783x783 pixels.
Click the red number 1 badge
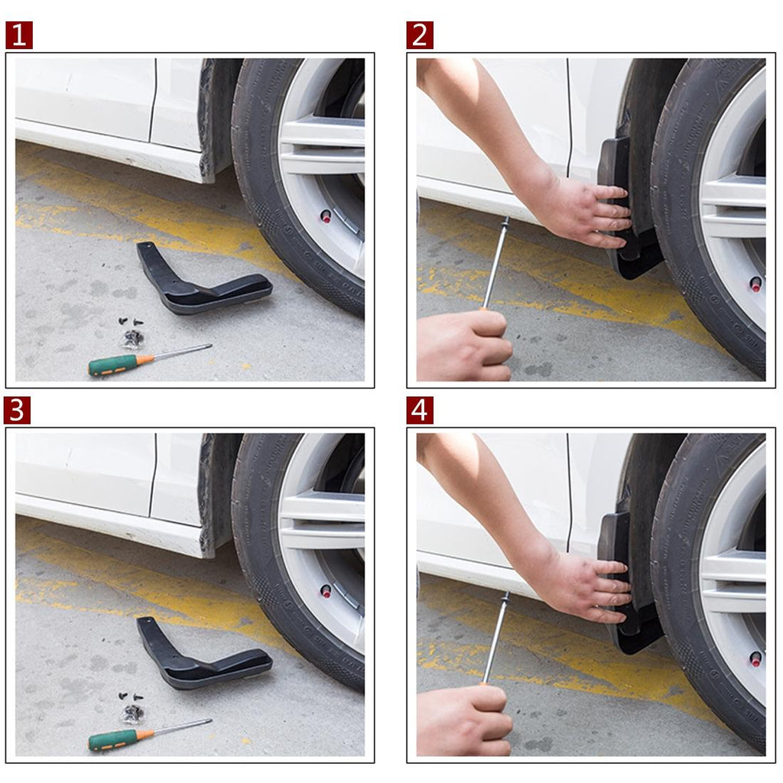click(19, 35)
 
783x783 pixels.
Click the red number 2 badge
click(420, 35)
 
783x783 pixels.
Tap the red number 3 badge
click(17, 411)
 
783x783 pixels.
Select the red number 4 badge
click(420, 411)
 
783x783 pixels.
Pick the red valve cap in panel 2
click(755, 284)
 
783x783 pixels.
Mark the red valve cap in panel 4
click(755, 659)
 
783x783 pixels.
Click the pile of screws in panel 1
click(132, 332)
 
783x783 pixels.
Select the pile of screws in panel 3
click(132, 707)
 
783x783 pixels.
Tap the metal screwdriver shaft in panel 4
click(495, 638)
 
